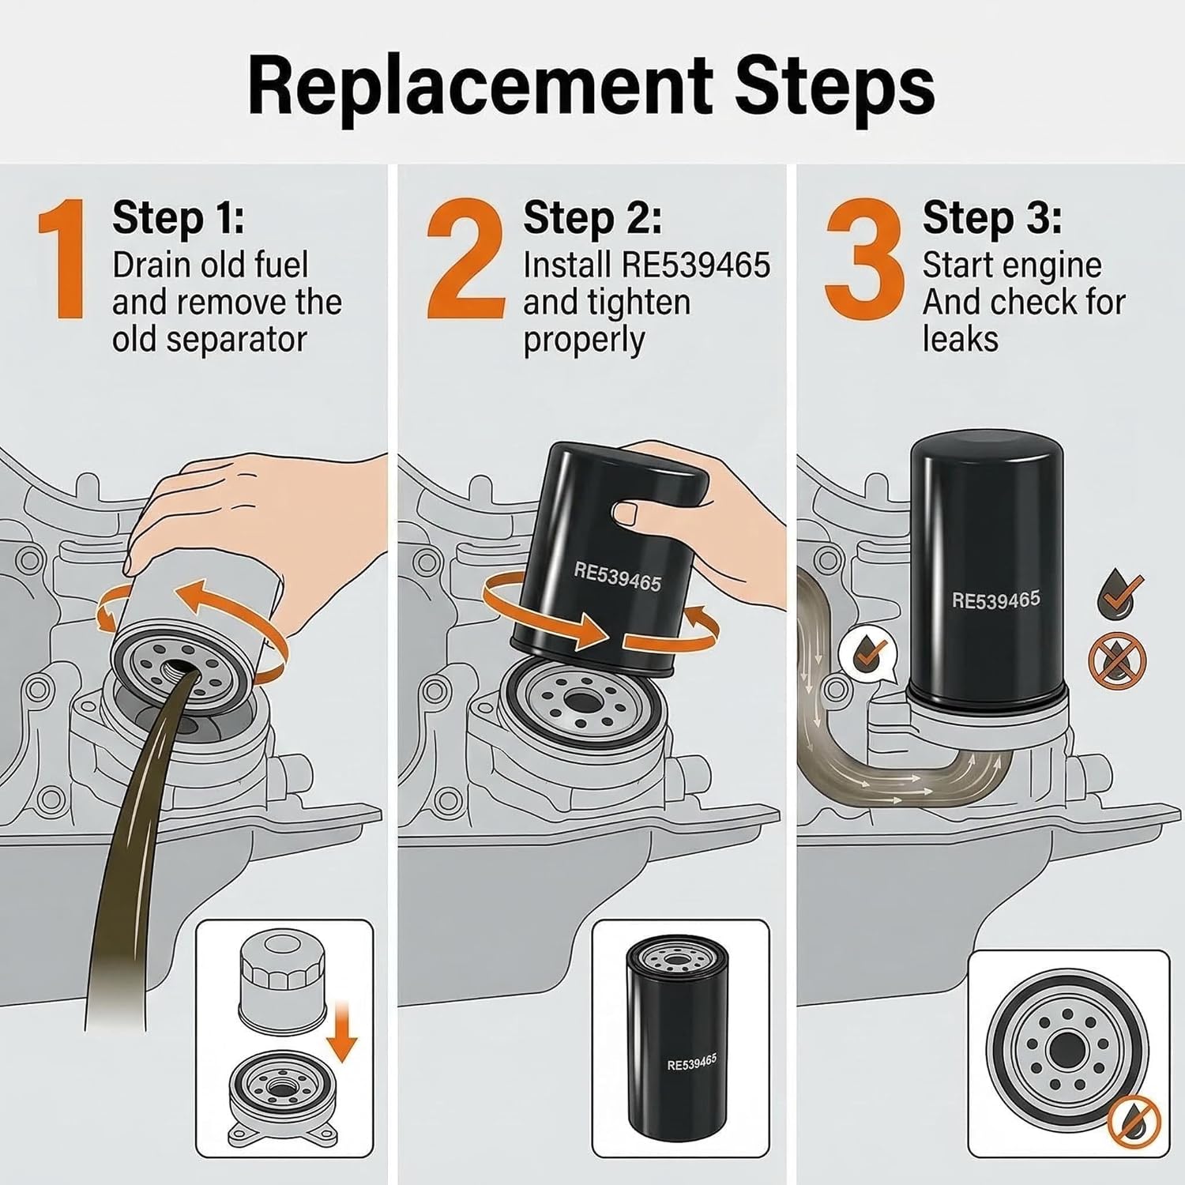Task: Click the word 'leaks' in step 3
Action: click(960, 340)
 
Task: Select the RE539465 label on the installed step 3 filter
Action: click(995, 600)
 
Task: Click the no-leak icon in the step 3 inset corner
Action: click(1133, 1122)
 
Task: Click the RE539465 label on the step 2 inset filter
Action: click(691, 1063)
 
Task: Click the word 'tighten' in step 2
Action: click(640, 303)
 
